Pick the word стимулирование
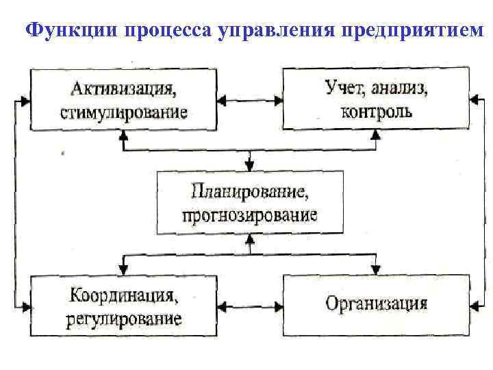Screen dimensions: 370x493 tap(124, 112)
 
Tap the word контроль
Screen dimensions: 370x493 tap(377, 111)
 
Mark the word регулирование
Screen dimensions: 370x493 tap(124, 319)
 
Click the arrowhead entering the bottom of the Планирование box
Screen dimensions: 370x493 tap(249, 239)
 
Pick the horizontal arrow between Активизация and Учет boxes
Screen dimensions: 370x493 tap(249, 101)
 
